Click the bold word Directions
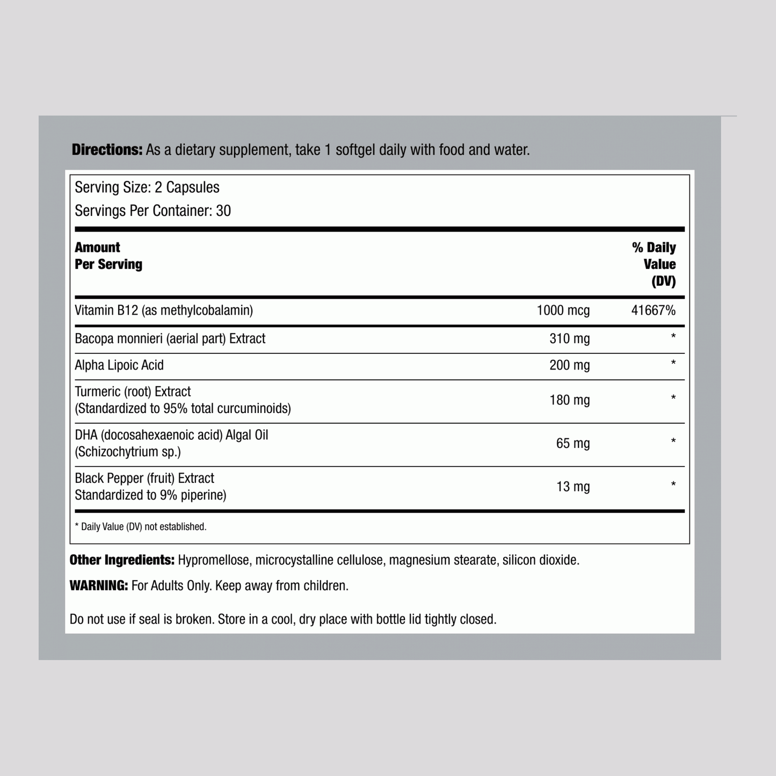(x=107, y=150)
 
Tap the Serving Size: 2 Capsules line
(x=147, y=187)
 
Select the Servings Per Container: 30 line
(x=153, y=211)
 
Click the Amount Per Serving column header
(x=108, y=256)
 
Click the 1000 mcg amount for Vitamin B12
(x=563, y=310)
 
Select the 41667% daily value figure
(x=653, y=310)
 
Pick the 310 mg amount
(x=569, y=339)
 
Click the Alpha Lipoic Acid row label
(x=119, y=365)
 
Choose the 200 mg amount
(x=569, y=365)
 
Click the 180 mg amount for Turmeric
(x=569, y=400)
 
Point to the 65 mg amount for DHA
(x=572, y=444)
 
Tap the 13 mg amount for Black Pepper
(x=572, y=487)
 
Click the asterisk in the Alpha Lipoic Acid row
(x=673, y=364)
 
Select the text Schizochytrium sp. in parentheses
(x=128, y=452)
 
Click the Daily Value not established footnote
(x=141, y=527)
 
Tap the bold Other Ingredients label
(x=122, y=560)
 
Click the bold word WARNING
(x=99, y=586)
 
